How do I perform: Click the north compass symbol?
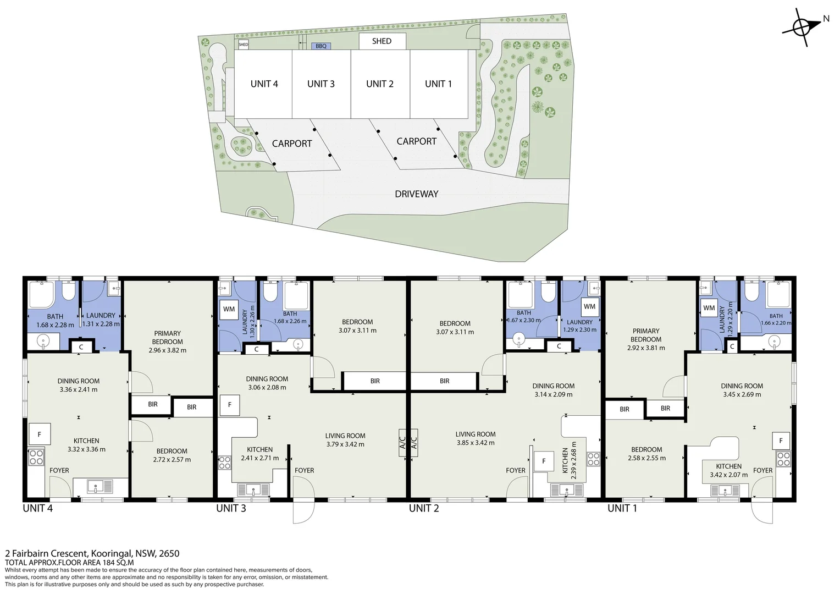(802, 28)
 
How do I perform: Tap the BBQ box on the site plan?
(321, 46)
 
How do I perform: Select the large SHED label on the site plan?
(382, 41)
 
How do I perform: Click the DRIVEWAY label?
(417, 194)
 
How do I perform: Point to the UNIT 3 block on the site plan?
(322, 84)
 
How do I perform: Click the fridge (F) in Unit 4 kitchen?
(40, 434)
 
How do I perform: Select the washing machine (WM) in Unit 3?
(229, 309)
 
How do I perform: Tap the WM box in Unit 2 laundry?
(589, 306)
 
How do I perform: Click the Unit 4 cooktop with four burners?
(36, 458)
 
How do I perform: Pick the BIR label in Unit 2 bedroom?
(444, 381)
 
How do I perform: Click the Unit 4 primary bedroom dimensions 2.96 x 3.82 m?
(167, 350)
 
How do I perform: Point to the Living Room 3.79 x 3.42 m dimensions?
(345, 444)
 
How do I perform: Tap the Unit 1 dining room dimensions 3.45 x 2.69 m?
(742, 394)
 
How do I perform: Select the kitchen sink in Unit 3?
(253, 490)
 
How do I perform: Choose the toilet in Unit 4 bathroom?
(69, 291)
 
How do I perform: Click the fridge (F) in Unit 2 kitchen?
(544, 461)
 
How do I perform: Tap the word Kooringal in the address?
(112, 553)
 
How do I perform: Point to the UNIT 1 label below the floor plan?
(622, 508)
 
